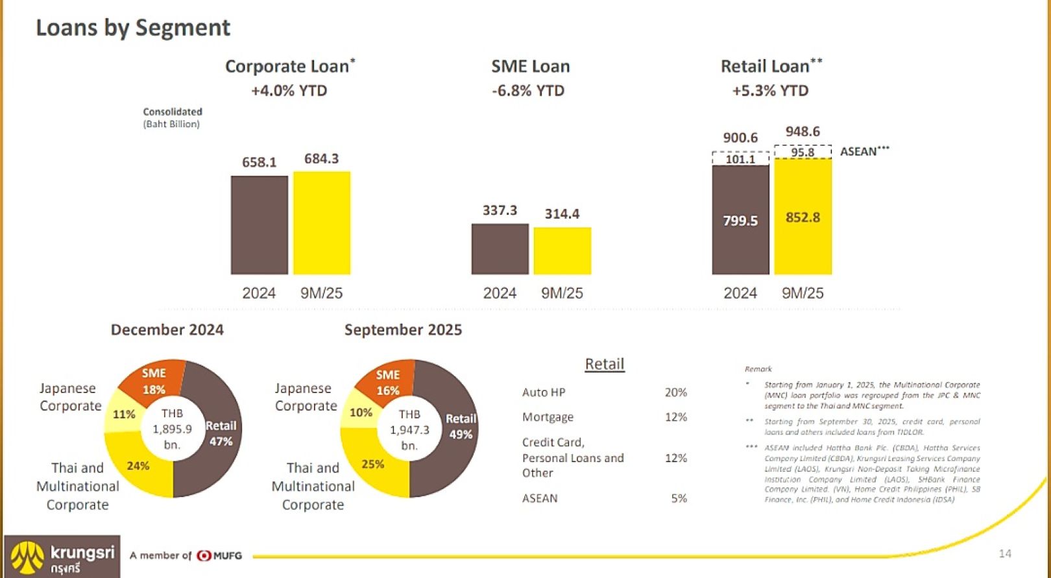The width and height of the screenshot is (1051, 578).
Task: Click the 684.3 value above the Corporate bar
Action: [x=321, y=159]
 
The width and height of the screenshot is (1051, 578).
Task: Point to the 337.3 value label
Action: [x=500, y=210]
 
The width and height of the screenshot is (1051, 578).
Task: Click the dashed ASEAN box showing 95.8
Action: [x=803, y=152]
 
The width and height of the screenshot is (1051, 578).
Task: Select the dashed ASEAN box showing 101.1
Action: [x=740, y=159]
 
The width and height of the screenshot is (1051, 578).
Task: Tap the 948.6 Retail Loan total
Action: [x=803, y=132]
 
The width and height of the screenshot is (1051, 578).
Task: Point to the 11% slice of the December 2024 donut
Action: [x=123, y=414]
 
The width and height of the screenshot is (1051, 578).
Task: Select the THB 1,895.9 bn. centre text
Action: [x=172, y=429]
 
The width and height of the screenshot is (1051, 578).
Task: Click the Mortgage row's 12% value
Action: [x=675, y=417]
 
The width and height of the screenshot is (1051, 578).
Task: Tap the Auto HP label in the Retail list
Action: [x=544, y=392]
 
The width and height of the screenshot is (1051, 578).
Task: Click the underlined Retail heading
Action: [x=604, y=364]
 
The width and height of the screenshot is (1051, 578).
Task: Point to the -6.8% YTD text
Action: [x=528, y=91]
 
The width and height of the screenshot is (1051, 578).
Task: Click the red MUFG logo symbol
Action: [x=204, y=555]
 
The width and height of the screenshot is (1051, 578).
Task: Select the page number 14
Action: [x=1005, y=553]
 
